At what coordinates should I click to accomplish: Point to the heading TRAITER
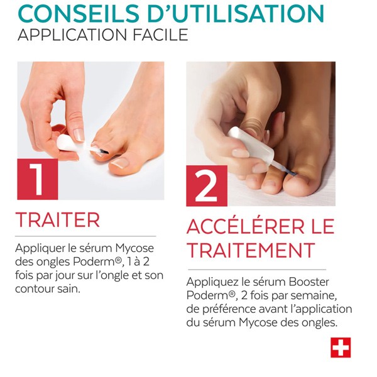58,220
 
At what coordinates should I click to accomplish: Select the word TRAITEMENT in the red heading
250,250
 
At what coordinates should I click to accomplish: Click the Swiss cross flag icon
341,347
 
